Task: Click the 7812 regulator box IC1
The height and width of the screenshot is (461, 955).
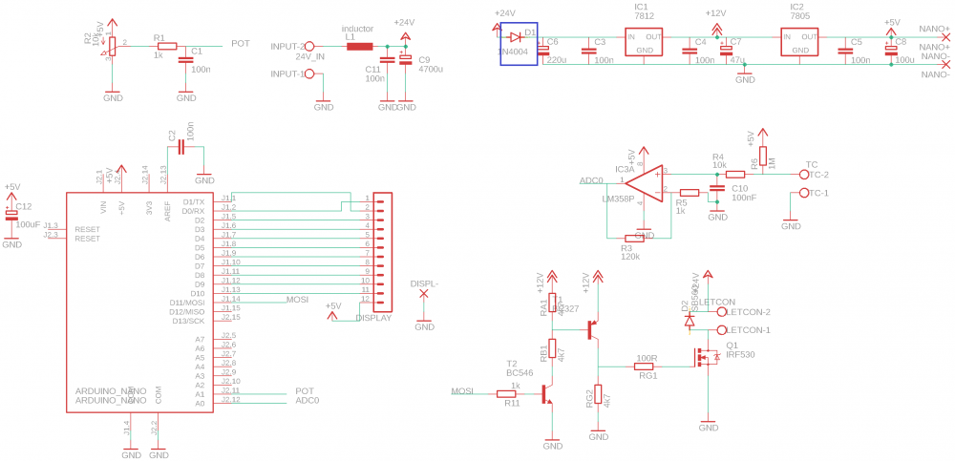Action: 644,42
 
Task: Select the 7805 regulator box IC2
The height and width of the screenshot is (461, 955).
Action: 799,42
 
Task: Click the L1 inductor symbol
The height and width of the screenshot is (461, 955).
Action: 359,46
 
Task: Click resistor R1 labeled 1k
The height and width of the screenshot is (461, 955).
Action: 167,46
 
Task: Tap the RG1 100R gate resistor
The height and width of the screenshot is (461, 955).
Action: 646,365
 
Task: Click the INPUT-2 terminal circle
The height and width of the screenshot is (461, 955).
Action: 308,46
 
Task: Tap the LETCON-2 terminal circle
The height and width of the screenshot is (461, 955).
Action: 721,311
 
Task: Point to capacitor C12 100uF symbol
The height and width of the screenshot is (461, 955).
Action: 11,216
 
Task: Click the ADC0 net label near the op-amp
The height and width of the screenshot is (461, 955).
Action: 591,180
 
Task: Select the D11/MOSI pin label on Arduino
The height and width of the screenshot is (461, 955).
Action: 187,302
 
